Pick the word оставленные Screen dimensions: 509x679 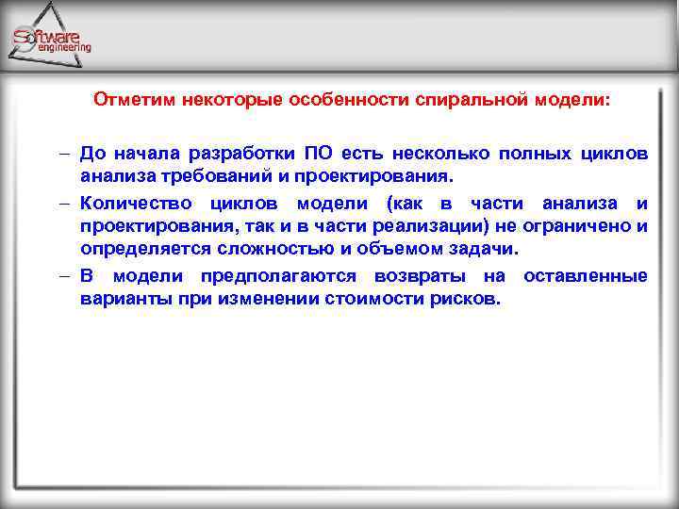(585, 276)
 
